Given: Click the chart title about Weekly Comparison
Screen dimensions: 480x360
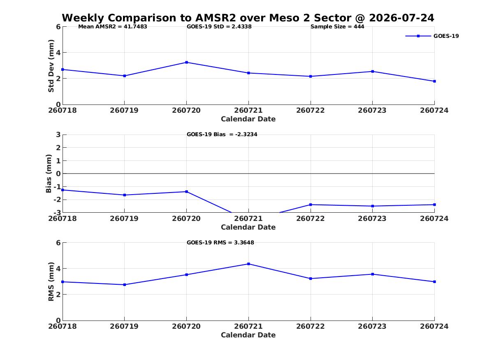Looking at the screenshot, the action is coord(248,18).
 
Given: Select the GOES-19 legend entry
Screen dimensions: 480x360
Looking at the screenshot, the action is coord(432,36).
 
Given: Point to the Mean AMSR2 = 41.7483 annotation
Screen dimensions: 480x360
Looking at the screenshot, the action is coord(113,27).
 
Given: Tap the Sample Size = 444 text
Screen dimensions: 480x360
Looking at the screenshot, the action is coord(337,27).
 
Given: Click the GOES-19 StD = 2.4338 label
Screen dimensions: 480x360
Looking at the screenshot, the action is coord(219,27).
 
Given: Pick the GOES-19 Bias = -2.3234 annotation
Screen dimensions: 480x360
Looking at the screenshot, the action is coord(222,135).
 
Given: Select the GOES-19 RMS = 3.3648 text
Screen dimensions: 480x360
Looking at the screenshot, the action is coord(220,242).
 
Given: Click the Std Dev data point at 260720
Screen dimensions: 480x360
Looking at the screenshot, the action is coord(186,63).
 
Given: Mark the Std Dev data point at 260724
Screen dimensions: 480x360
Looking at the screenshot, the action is coord(434,81).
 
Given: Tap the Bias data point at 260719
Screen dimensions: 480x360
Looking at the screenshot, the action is coord(125,195).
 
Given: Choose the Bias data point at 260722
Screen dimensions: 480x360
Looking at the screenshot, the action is coord(311,204).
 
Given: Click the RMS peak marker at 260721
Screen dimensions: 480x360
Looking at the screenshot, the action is coord(248,264).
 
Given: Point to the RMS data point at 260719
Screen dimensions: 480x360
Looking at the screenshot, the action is coord(125,285).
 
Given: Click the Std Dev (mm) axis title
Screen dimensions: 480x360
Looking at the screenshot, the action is coord(51,66).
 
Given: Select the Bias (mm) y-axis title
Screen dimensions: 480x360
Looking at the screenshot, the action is coord(49,174).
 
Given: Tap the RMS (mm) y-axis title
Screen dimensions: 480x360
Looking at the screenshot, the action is coord(51,282).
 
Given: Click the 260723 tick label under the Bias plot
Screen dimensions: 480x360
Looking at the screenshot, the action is coord(372,218).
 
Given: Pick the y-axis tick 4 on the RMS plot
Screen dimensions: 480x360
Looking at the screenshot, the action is coord(58,269).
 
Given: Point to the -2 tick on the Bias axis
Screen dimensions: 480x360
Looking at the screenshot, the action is coord(56,200).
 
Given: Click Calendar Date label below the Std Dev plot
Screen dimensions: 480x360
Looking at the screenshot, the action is coord(248,119).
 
